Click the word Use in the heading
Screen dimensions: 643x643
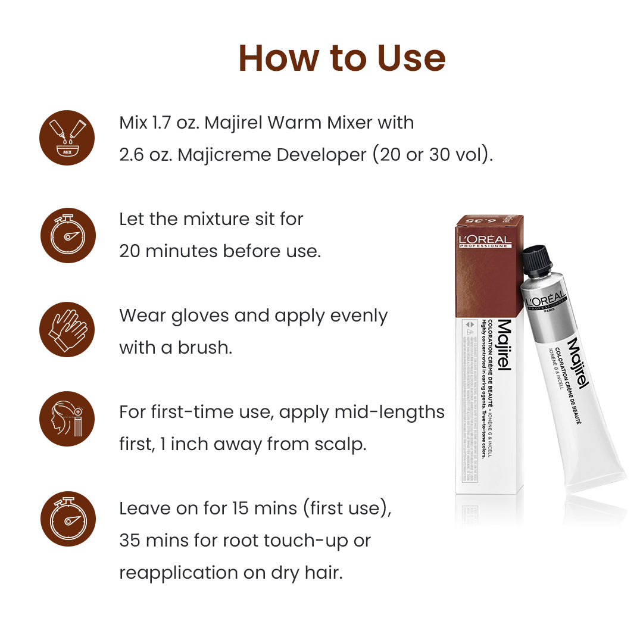point(411,58)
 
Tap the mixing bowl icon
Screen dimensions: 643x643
point(67,138)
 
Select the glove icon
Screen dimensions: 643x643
point(67,330)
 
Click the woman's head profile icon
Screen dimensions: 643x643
point(67,419)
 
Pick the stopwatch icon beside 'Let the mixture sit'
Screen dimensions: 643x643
point(67,235)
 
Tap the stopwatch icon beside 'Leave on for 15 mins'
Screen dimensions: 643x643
point(67,519)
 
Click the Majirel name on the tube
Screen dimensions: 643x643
point(578,363)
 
